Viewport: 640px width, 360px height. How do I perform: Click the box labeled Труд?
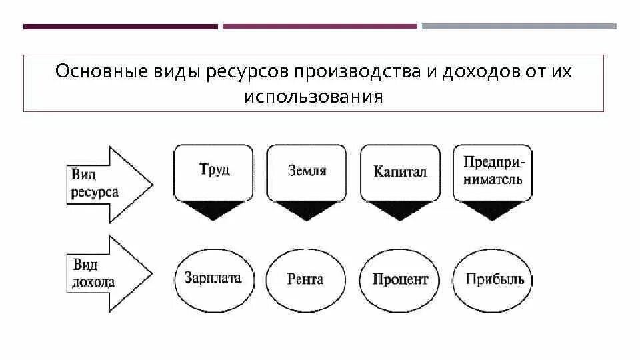pos(213,171)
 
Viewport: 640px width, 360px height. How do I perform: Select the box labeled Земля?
pos(307,171)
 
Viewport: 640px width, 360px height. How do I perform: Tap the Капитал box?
pos(400,172)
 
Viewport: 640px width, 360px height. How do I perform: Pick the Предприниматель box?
pos(493,171)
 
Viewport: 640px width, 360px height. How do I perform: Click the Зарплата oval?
pos(213,278)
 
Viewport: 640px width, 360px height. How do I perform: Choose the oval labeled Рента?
pos(306,279)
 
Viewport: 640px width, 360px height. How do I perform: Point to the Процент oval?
pos(400,279)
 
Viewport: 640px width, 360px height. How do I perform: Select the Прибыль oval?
pos(492,279)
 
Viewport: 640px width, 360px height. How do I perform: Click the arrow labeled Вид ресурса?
pos(107,183)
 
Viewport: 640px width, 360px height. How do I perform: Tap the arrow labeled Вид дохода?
pos(107,274)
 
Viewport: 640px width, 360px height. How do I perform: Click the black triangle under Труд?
pos(213,208)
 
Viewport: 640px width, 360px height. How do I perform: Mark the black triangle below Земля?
pos(307,208)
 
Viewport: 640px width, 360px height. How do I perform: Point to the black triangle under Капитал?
pos(400,208)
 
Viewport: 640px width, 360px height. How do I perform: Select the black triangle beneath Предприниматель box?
pos(493,208)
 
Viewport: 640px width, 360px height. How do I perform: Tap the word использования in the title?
pos(313,97)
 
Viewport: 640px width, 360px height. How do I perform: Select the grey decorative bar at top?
pos(519,27)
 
